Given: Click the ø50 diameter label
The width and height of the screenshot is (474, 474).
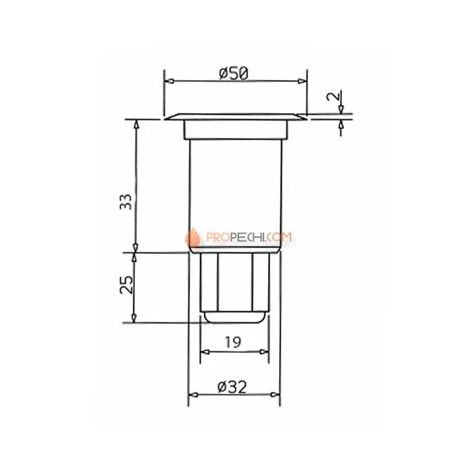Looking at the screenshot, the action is (x=234, y=73).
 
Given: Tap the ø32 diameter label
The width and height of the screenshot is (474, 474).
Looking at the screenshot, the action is (x=232, y=387).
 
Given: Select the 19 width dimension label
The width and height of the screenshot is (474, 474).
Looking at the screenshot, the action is (x=233, y=342).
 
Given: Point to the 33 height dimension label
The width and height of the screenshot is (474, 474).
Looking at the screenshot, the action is (x=126, y=202).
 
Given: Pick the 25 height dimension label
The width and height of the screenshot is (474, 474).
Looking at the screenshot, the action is (x=127, y=284).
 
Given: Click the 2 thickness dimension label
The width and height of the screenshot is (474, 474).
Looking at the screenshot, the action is (x=333, y=96).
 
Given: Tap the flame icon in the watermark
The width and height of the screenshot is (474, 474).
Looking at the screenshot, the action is (x=192, y=238).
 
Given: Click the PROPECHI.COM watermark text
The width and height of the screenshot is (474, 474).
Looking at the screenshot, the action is (x=249, y=237).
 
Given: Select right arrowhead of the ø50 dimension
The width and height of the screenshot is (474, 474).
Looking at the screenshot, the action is (x=302, y=81).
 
